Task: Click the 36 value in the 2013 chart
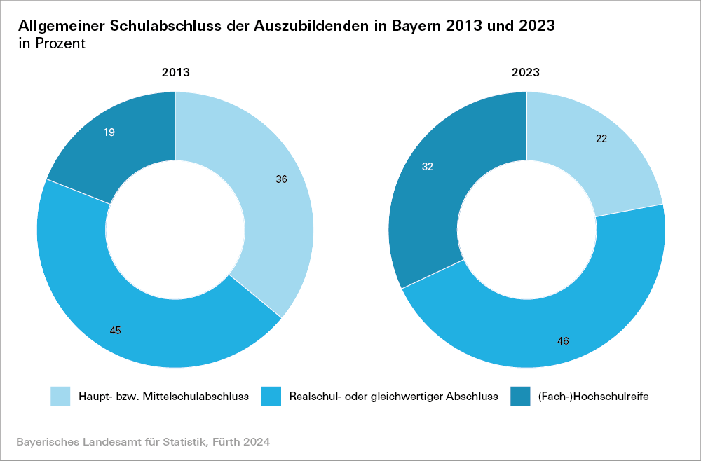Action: tap(281, 179)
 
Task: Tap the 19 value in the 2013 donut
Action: tap(109, 132)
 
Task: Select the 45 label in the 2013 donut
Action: tap(116, 330)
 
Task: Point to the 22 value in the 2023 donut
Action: tap(601, 139)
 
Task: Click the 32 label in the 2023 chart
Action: tap(428, 167)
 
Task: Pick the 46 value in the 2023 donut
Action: tap(563, 341)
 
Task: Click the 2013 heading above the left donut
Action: tap(175, 72)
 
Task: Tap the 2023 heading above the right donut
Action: tap(526, 72)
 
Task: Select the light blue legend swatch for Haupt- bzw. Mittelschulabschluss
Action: tap(60, 397)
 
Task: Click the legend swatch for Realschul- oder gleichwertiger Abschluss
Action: tap(271, 397)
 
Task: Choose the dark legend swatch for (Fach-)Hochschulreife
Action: tap(519, 397)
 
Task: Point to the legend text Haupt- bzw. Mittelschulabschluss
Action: tap(164, 397)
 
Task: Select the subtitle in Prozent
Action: tap(52, 44)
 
